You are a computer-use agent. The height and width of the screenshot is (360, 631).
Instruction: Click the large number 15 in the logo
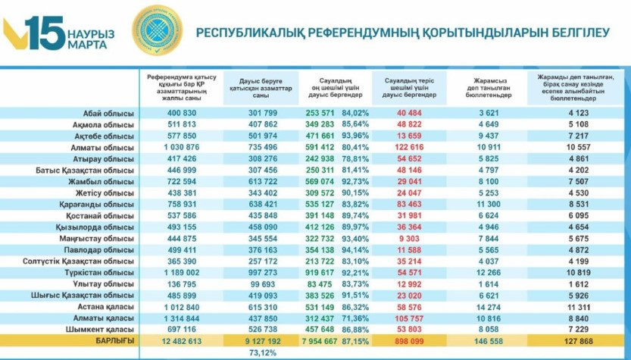(46, 32)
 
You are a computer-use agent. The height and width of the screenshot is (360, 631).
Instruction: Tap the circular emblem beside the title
(158, 30)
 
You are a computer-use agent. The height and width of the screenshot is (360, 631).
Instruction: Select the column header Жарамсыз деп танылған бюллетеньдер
(488, 86)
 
